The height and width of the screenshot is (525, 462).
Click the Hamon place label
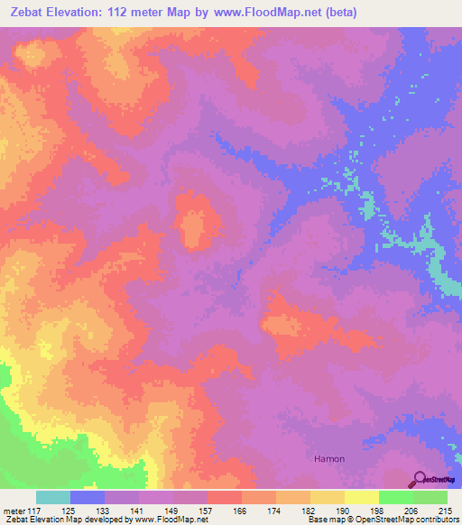coord(329,458)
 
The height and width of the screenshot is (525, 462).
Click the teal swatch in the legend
coord(53,497)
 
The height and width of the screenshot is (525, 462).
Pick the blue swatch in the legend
coord(88,497)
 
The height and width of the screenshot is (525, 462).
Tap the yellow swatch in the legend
coord(362,497)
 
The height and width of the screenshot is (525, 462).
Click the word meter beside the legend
coord(14,510)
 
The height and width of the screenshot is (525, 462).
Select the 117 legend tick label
coord(34,510)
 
